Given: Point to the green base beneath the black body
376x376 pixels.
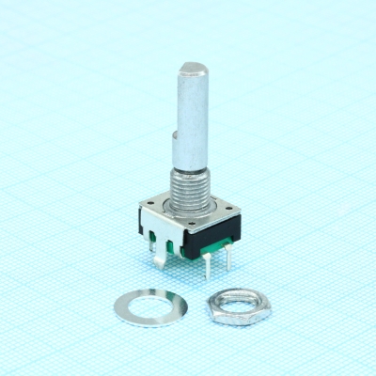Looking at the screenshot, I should tap(212, 247).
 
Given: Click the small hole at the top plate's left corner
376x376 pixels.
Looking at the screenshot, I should tap(149, 202).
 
